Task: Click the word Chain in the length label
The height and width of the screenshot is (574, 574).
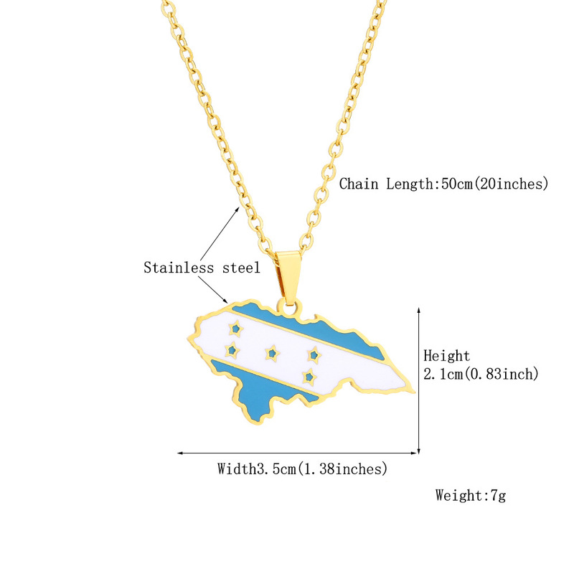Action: point(359,184)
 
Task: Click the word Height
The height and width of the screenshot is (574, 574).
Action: point(446,356)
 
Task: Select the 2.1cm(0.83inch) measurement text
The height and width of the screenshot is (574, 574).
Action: point(481,374)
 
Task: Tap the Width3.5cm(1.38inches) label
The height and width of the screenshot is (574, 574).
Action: point(302,469)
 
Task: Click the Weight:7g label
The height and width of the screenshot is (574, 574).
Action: point(470,495)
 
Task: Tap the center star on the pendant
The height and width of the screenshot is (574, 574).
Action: point(271,352)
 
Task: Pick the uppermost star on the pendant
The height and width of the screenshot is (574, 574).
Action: point(235,329)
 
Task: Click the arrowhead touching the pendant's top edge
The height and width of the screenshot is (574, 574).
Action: point(227,301)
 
